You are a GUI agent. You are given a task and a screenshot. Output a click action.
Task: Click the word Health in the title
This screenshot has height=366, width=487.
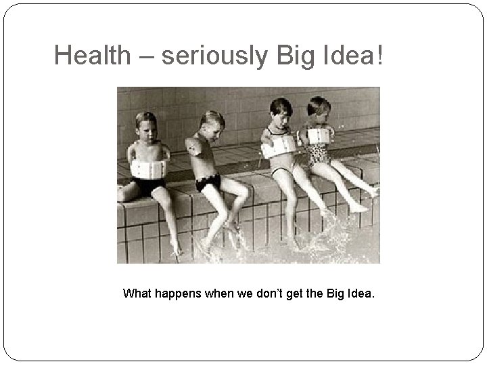point(90,56)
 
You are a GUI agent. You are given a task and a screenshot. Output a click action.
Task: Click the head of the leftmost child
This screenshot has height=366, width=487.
point(146,125)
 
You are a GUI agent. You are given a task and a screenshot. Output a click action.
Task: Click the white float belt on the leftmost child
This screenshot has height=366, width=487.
point(149,168)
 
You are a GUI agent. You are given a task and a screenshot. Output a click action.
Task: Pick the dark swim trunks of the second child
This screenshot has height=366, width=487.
point(208,182)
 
